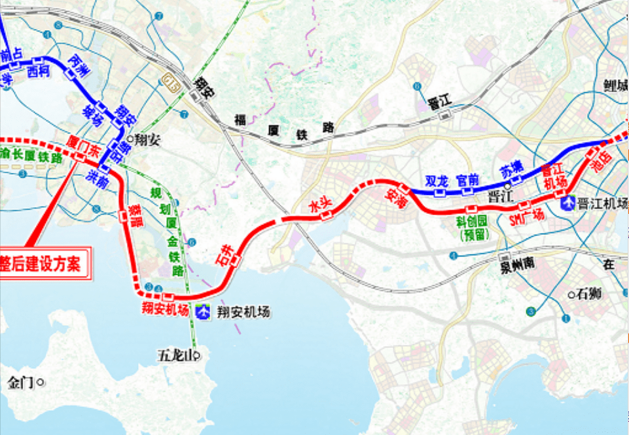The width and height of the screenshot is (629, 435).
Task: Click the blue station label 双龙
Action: pyautogui.click(x=437, y=181)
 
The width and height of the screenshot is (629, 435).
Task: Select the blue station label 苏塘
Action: pyautogui.click(x=510, y=172)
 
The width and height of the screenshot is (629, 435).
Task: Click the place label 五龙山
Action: pyautogui.click(x=173, y=356)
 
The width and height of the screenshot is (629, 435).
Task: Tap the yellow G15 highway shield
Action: pyautogui.click(x=172, y=79)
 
